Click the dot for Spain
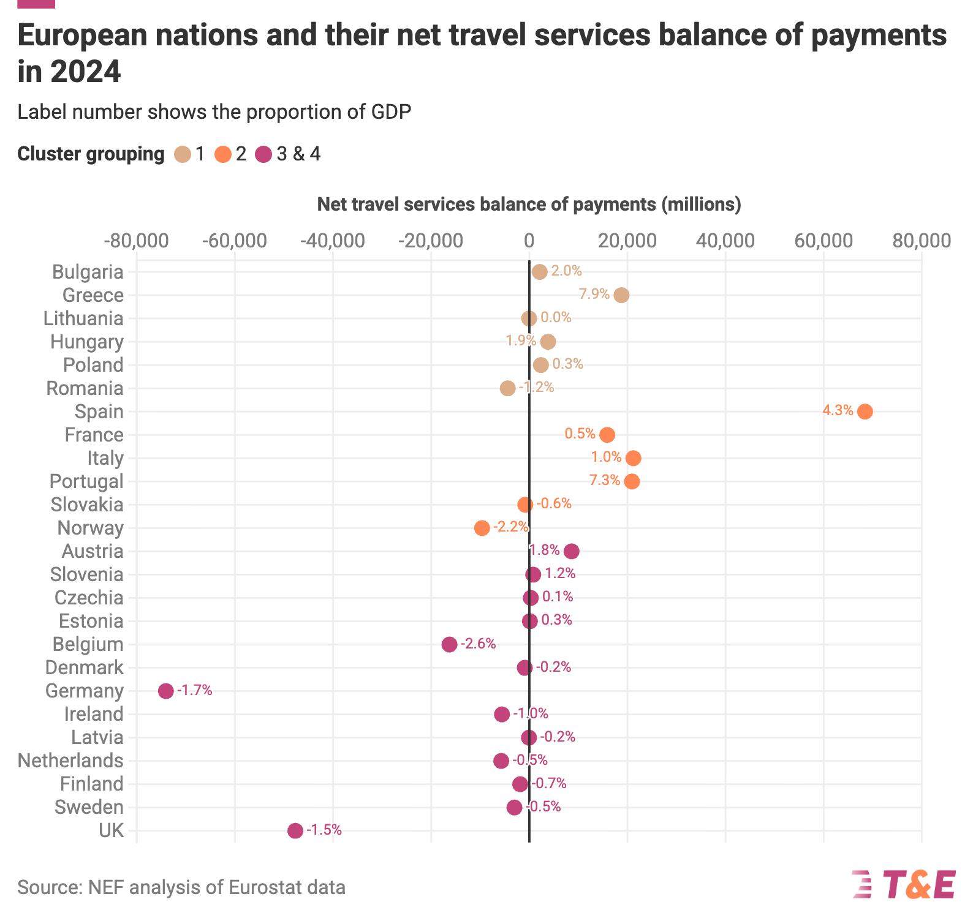point(865,412)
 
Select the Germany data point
point(165,691)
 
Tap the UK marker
point(295,830)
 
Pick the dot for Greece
point(621,295)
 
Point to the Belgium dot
point(449,644)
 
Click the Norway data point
point(482,528)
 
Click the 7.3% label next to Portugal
point(605,480)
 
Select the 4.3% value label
point(838,410)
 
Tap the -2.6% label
point(478,644)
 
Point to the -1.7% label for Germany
point(195,690)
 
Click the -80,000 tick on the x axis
point(137,241)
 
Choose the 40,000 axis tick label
point(725,241)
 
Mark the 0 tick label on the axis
point(529,241)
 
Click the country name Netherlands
point(70,761)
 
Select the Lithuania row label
point(83,318)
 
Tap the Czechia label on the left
point(89,598)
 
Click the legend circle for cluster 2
point(223,154)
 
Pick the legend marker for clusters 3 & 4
point(264,154)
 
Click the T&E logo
point(904,884)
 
